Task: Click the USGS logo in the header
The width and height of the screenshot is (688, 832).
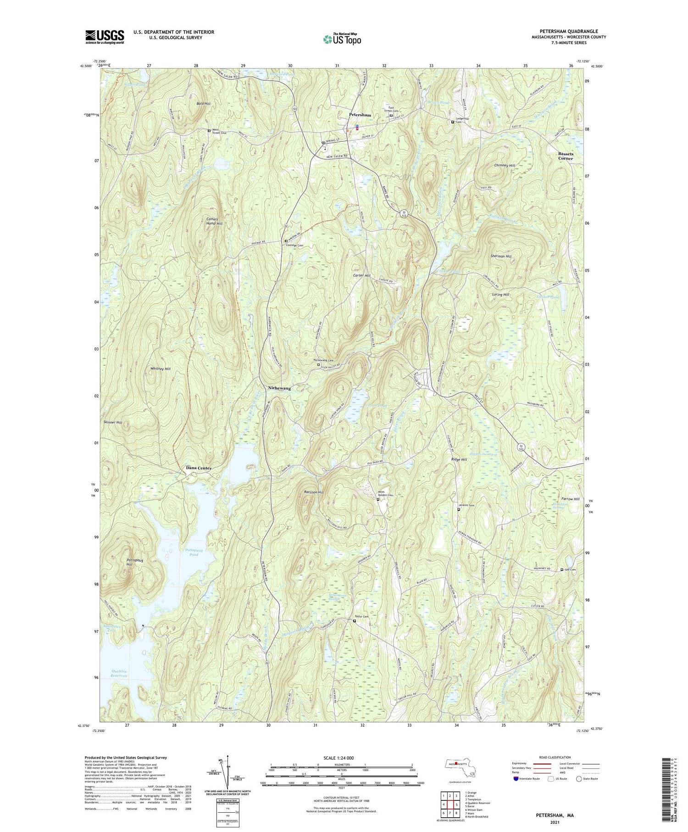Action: coord(105,37)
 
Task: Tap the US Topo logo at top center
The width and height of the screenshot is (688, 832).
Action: coord(342,39)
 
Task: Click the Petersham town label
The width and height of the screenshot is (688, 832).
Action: coord(360,115)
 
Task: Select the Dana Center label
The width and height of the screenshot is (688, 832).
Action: coord(199,468)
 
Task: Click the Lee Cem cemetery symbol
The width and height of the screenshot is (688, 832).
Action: coord(562,570)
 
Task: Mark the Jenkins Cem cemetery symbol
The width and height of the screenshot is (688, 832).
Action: coord(459,509)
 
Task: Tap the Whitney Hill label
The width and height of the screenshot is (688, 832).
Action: coord(161,369)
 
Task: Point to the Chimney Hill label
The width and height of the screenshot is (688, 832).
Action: coord(505,165)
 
